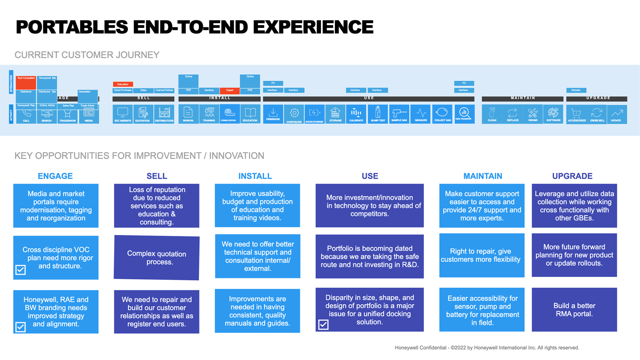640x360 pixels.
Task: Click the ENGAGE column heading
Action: [55, 176]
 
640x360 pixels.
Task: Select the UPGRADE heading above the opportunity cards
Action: [572, 176]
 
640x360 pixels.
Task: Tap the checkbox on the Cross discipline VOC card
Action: [21, 270]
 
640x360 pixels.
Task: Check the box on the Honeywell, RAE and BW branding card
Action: [21, 327]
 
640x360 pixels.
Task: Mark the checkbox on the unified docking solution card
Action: [323, 324]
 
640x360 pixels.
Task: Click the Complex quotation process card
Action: [157, 258]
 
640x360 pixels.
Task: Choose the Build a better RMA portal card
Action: [574, 310]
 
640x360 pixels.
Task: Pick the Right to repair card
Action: [482, 255]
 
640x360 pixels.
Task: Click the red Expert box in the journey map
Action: [230, 90]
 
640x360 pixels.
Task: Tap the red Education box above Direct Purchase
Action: [123, 84]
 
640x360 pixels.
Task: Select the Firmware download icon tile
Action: [273, 114]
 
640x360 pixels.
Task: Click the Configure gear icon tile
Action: [294, 114]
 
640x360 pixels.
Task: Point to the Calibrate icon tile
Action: [356, 114]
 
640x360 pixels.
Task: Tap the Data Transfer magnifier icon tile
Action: [464, 114]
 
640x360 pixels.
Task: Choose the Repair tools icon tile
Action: [533, 114]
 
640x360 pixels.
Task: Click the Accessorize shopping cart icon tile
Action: [576, 114]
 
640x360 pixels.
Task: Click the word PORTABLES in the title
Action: [72, 27]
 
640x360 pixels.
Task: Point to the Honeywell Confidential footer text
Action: [487, 348]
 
